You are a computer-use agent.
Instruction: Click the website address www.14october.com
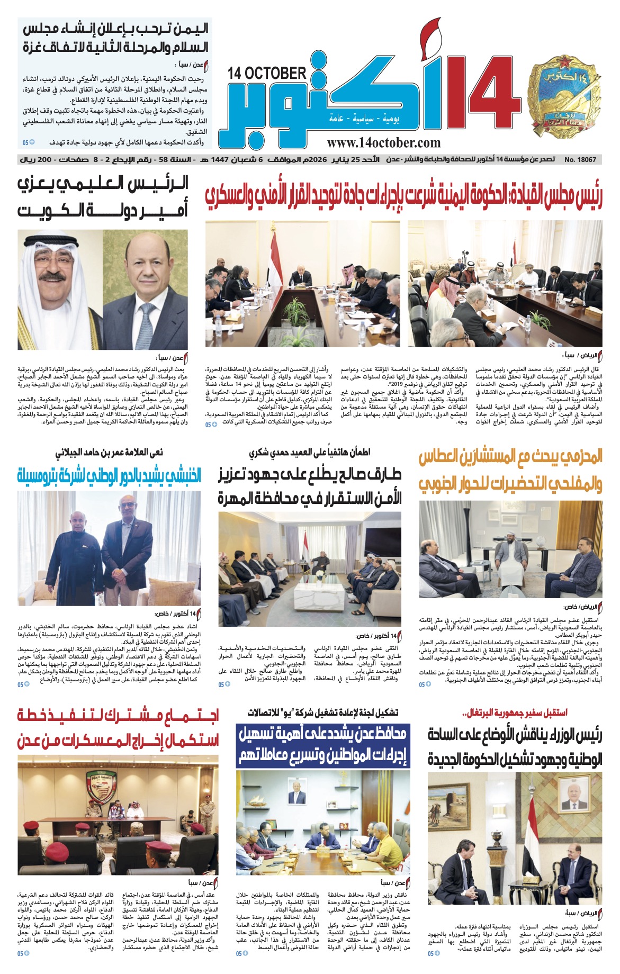tap(383, 142)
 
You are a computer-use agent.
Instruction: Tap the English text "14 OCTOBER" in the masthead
tap(267, 73)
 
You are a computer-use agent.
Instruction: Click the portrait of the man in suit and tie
tap(146, 288)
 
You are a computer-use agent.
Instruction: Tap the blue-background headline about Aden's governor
tap(323, 745)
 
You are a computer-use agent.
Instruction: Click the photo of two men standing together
tap(110, 548)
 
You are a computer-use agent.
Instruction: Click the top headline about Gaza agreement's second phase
tap(115, 37)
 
